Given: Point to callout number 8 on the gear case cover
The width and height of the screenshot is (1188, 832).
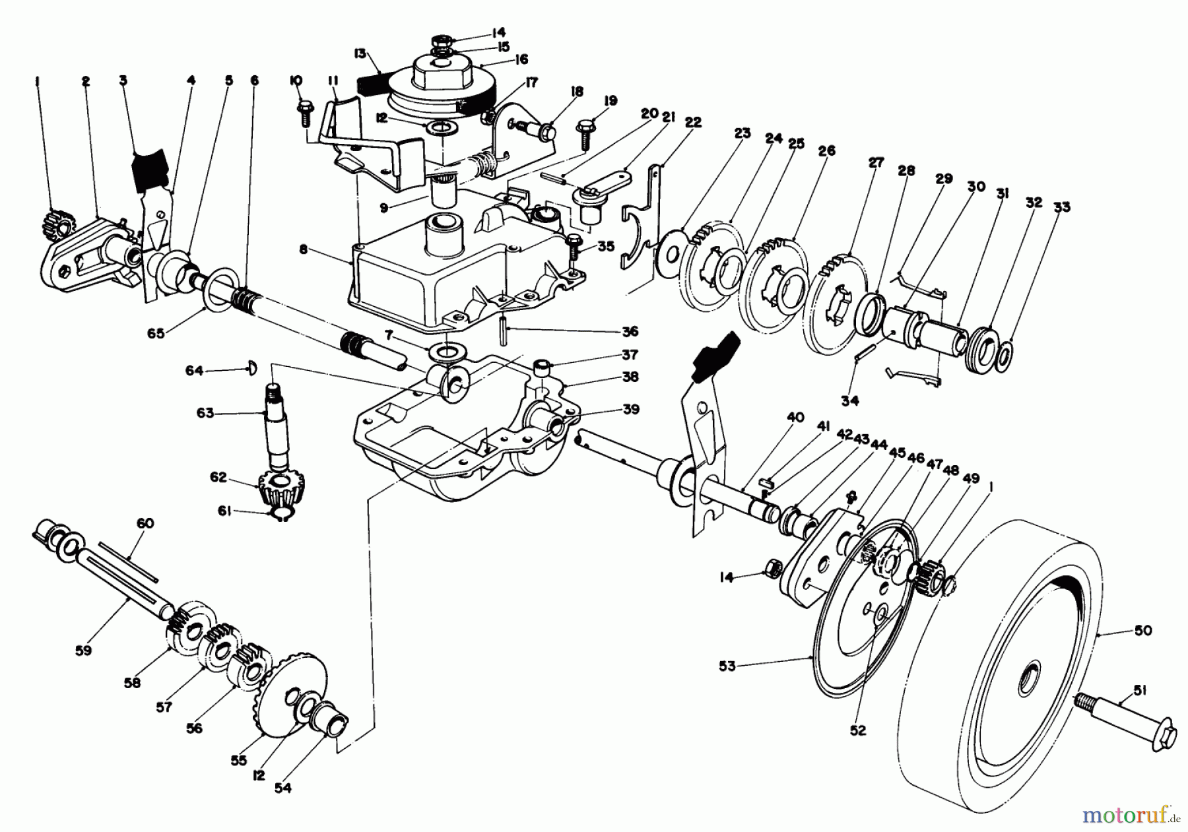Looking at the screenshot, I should (303, 249).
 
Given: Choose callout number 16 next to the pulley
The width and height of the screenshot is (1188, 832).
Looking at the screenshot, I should (521, 59).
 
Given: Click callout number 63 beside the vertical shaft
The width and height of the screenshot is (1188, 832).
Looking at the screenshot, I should (205, 413).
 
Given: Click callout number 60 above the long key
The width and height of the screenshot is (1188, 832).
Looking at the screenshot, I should (145, 523).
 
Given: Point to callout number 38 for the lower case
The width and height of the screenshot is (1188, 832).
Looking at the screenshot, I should (630, 377).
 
